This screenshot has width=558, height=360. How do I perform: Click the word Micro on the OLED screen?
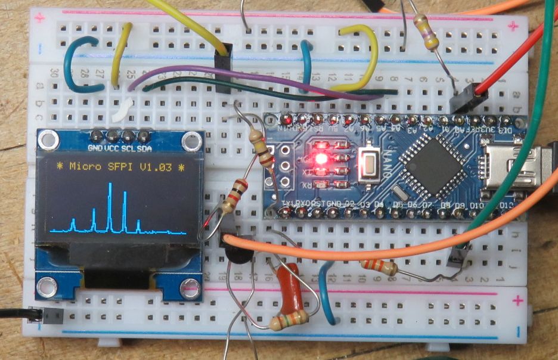coord(83,166)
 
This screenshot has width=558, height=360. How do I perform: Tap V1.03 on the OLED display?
coord(157,166)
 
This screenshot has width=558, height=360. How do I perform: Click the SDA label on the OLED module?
coord(144,147)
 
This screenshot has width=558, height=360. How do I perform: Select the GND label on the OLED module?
coord(95,147)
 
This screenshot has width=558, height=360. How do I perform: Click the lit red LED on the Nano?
coord(321,159)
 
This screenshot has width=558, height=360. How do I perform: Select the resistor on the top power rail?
coord(426,32)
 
